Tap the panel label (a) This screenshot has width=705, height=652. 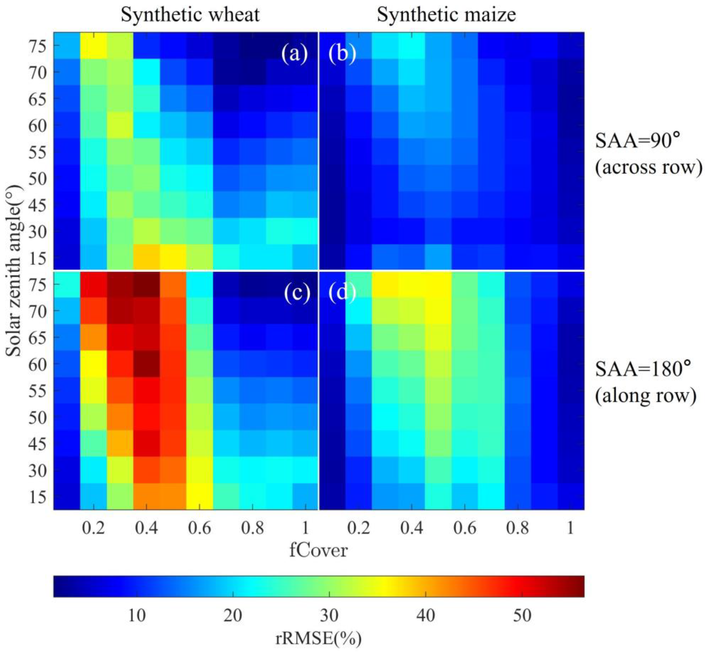(294, 54)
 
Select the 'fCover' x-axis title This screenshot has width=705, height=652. (318, 550)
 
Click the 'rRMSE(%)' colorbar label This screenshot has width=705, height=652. (318, 638)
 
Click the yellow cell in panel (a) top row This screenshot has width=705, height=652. (93, 45)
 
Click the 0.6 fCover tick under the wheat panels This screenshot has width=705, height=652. (199, 528)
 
